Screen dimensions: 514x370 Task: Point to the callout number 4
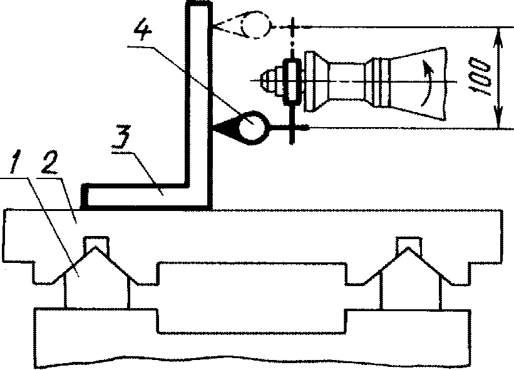click(145, 33)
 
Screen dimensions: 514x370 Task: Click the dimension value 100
click(480, 77)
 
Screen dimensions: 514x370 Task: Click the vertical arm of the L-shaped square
click(198, 94)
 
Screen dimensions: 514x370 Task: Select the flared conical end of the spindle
click(419, 81)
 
